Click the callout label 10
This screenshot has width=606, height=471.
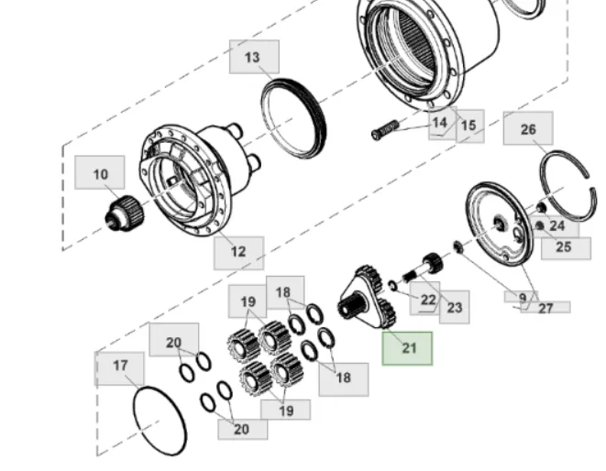tap(99, 173)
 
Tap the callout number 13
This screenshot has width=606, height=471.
tap(253, 57)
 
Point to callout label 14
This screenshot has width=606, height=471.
tap(441, 122)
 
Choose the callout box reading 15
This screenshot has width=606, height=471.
tap(469, 126)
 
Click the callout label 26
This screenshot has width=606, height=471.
tap(528, 129)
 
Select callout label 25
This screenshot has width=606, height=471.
tap(563, 246)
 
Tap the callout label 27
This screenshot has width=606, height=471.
tap(545, 308)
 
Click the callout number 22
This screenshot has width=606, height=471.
tap(428, 300)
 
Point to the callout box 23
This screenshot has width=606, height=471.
tap(455, 308)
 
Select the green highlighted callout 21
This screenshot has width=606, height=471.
tap(408, 348)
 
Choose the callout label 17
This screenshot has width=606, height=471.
tap(120, 366)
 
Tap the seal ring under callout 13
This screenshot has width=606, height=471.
tap(293, 117)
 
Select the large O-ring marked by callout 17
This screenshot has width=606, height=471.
tap(160, 421)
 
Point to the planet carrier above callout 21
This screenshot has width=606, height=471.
tap(370, 295)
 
